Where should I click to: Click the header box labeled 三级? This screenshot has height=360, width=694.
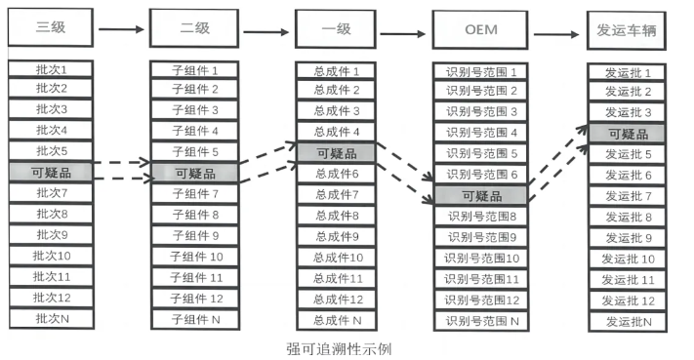coord(51,28)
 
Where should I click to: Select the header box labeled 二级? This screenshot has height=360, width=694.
coord(194,28)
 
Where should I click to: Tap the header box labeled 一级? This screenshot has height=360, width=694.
coord(336,28)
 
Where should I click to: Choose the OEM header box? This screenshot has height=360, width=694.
coord(480,29)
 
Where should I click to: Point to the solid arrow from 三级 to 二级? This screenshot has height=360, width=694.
coord(121,29)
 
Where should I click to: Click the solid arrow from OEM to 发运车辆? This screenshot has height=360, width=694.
coord(552,32)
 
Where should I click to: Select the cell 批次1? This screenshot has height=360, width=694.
coord(51,69)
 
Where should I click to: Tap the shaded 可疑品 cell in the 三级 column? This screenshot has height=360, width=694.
coord(51,172)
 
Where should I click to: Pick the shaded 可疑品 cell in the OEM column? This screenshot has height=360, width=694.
coord(480,195)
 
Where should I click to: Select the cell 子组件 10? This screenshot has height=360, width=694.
coord(194,257)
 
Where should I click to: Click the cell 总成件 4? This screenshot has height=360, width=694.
coord(336,131)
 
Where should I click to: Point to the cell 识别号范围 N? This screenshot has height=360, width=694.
coord(480,320)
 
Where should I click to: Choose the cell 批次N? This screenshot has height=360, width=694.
coord(51,318)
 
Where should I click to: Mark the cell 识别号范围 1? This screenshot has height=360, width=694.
coord(480,71)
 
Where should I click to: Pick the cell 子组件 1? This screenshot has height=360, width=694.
coord(194,70)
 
